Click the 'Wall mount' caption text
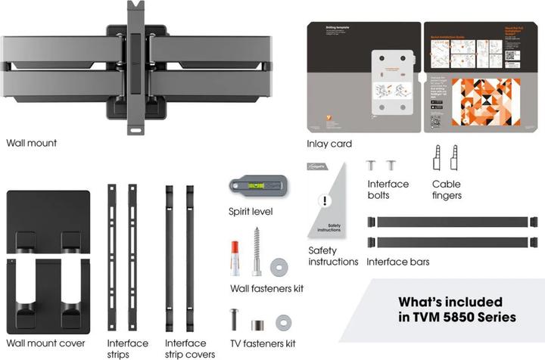click(31, 142)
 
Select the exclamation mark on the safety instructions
click(325, 202)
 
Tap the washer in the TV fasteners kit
click(283, 323)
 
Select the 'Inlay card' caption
click(329, 144)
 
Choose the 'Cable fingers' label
click(447, 190)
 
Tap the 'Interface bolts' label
click(388, 190)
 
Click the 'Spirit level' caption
click(251, 211)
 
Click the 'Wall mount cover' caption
click(45, 343)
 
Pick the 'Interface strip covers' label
click(189, 349)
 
